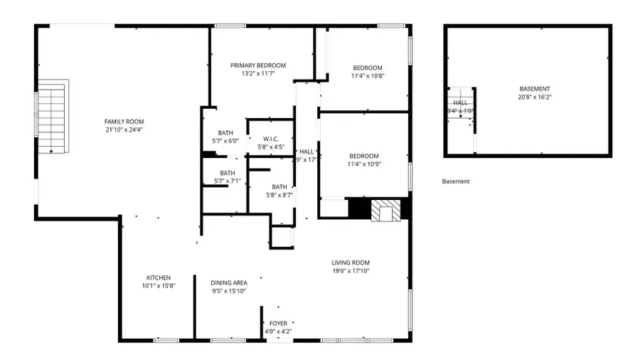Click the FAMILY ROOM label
point(124,122)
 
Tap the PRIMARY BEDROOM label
point(257,65)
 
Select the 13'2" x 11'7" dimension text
point(257,73)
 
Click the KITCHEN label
point(159,277)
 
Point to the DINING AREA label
point(228,283)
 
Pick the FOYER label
point(278,324)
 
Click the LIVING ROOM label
point(351,263)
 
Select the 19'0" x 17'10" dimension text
point(351,270)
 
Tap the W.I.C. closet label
point(270,139)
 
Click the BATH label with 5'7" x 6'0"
point(225,133)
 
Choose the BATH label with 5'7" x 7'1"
point(228,173)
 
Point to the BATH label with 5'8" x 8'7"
point(279,187)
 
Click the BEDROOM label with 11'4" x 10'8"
point(367,68)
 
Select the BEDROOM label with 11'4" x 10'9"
point(363,156)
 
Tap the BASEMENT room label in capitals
point(534,89)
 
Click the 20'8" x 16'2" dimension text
point(534,97)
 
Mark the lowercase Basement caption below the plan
point(456,181)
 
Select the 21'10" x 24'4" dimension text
point(124,129)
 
